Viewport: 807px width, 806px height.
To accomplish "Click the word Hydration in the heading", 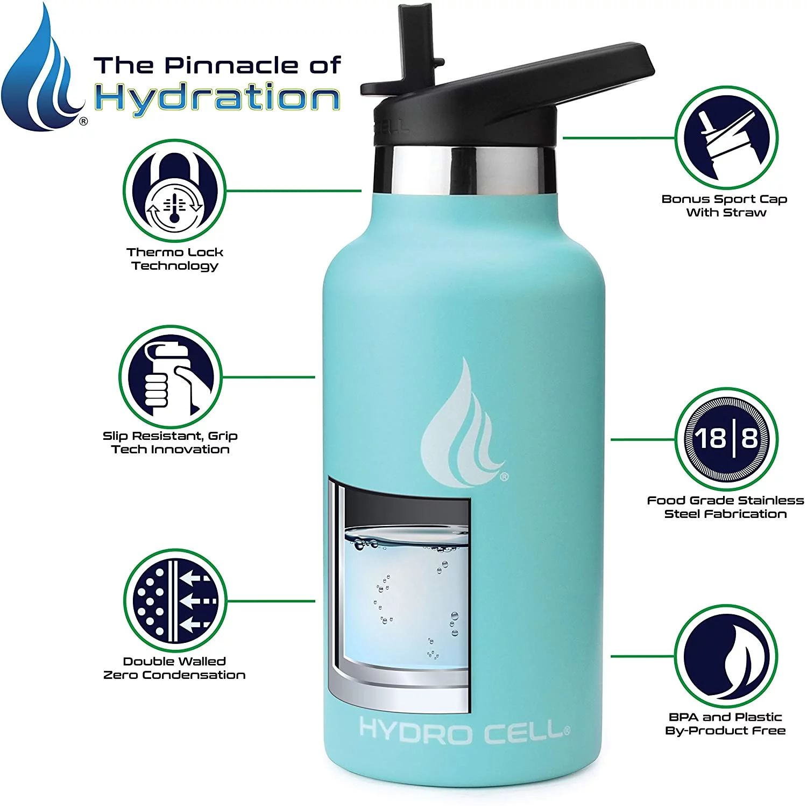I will (x=217, y=98).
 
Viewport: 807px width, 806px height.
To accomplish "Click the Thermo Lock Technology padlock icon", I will (x=174, y=191).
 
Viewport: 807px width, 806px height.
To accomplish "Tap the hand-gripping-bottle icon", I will (x=170, y=376).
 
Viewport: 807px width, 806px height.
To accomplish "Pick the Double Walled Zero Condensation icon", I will (x=175, y=600).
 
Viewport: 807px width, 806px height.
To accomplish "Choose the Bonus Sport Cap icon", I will (x=726, y=138).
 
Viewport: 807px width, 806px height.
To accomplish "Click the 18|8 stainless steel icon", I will (x=726, y=439).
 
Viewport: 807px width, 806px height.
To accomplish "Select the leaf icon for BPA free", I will (x=726, y=656).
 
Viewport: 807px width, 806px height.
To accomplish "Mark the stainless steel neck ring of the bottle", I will (x=465, y=170).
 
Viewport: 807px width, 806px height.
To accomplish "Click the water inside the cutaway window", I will (x=406, y=598).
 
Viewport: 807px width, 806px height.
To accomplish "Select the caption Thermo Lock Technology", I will (x=175, y=259).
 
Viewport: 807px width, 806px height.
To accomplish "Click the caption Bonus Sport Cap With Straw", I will (x=725, y=206).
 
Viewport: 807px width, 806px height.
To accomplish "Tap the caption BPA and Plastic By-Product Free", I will (x=725, y=724).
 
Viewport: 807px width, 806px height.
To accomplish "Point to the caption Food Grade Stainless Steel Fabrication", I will (x=725, y=507).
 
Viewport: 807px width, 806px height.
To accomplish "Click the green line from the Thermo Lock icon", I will (x=293, y=191).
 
